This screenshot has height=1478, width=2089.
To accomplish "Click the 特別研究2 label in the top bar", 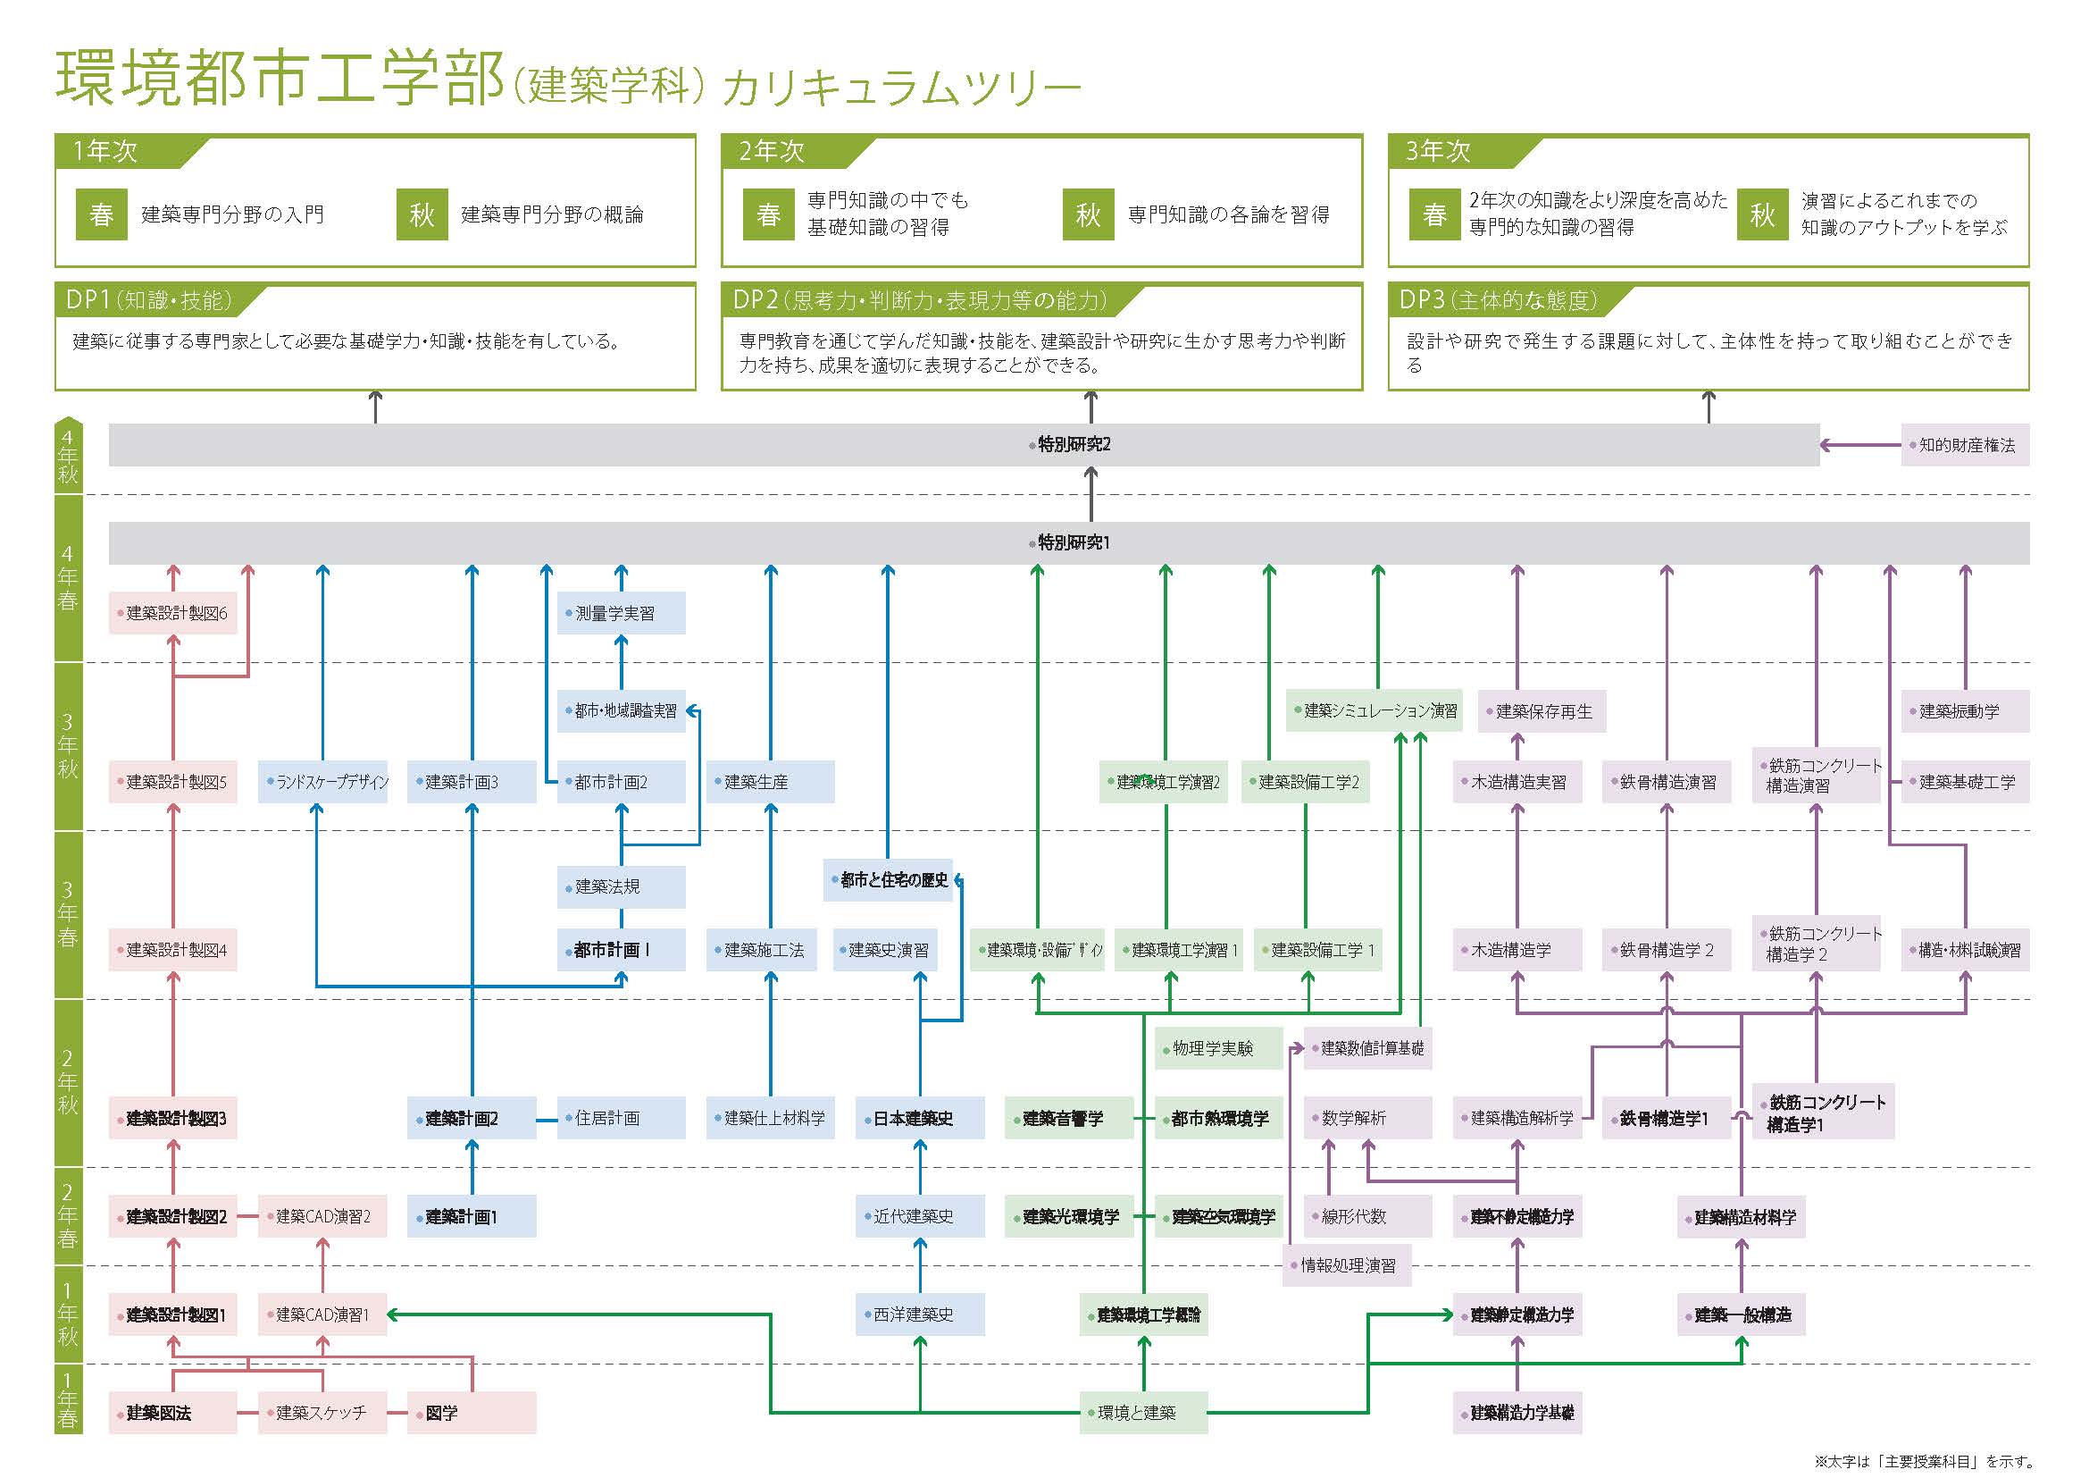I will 1074,444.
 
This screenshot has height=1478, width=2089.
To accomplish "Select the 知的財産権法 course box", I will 1964,445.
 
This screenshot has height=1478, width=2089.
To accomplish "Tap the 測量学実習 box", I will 621,613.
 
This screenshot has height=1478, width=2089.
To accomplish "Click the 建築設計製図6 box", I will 173,613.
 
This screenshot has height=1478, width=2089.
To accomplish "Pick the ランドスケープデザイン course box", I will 323,782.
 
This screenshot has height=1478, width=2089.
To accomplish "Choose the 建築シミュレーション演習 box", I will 1374,710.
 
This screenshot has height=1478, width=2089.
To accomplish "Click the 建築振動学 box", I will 1964,711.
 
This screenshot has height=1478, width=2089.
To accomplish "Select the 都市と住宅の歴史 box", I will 888,880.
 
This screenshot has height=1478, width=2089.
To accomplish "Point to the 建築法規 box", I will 621,886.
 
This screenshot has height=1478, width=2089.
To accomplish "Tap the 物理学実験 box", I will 1218,1048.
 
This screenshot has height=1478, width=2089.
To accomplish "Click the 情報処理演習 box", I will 1347,1265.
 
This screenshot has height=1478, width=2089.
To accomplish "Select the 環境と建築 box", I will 1143,1413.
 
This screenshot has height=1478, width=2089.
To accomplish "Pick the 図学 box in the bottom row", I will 472,1413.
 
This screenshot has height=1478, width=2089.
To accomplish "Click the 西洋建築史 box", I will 919,1314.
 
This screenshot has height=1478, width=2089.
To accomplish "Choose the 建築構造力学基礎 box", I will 1517,1413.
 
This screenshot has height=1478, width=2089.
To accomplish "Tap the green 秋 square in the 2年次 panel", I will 1088,214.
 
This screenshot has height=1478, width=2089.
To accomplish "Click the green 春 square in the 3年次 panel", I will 1434,214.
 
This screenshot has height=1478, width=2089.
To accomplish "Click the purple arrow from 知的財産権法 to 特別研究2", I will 1860,445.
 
